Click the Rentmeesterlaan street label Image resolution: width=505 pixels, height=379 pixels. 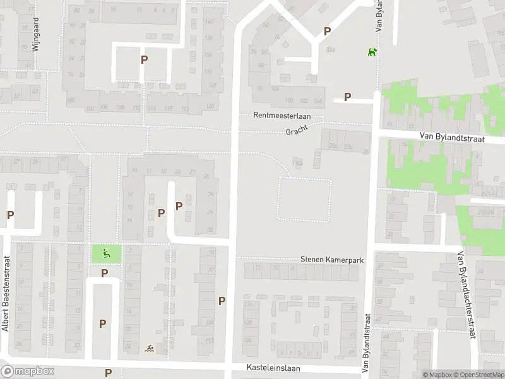tap(282, 116)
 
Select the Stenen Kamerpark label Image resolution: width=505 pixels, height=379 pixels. tap(332, 260)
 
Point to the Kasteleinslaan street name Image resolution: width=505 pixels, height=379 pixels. tap(273, 368)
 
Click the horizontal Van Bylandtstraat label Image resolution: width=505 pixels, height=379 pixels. tap(451, 137)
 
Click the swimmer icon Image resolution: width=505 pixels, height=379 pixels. tap(149, 349)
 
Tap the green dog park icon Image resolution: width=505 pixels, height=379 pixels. tap(372, 51)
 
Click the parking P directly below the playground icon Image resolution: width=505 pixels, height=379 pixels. tap(105, 273)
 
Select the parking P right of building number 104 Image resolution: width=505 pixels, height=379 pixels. tap(347, 97)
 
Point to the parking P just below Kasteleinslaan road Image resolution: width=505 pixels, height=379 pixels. tap(108, 373)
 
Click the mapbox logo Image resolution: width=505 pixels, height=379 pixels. tap(28, 371)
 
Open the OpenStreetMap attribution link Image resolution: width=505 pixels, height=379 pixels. tap(478, 375)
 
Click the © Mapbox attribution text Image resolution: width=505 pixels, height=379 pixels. tap(437, 375)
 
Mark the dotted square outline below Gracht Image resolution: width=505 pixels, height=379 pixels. tap(304, 200)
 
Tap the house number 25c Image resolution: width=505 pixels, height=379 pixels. tap(348, 147)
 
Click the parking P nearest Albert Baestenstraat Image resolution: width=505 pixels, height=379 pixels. tap(10, 215)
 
